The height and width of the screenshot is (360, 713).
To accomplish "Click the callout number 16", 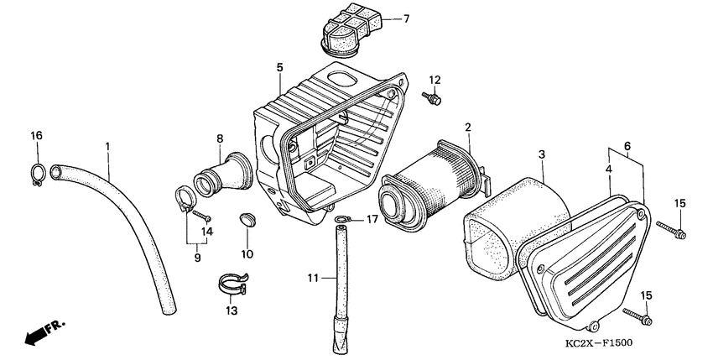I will pos(36,136).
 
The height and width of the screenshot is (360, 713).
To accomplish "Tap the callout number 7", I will pos(407,18).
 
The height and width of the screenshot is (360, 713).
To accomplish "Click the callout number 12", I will pos(435,80).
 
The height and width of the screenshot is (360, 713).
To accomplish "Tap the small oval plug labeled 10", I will pos(247,219).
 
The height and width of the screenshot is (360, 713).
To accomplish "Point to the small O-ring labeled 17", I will pos(341,221).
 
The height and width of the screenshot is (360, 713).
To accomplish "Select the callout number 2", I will pos(468,128).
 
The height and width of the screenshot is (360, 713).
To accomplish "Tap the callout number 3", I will pos(542,155).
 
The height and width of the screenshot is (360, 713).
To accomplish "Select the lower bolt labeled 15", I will pos(638,316).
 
